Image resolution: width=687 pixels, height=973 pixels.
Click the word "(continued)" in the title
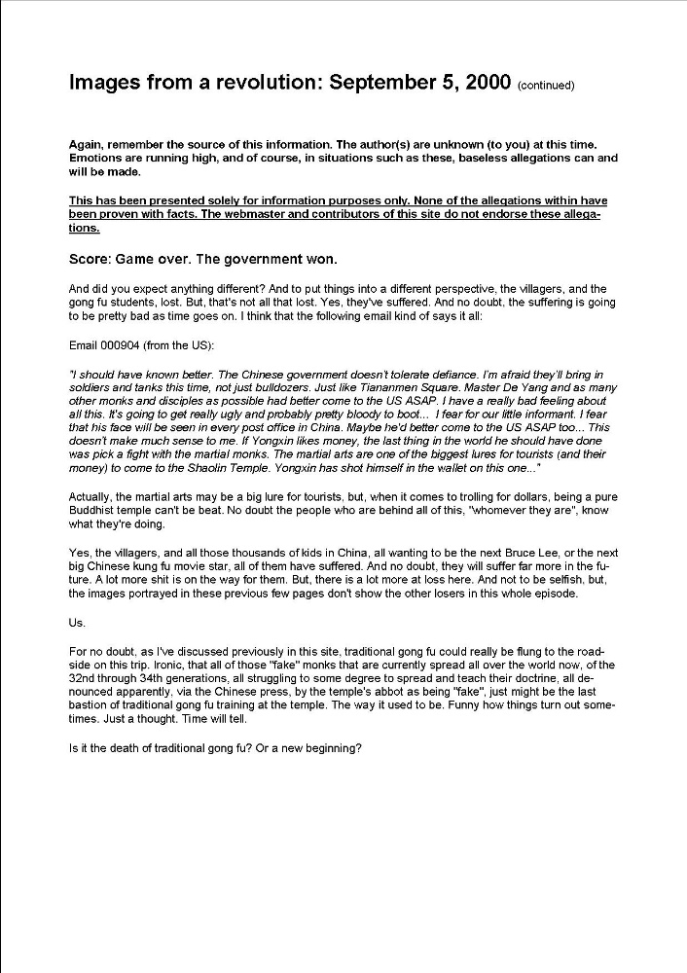[x=546, y=86]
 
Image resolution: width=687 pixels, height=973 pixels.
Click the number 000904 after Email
[x=125, y=345]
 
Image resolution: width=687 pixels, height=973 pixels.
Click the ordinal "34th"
[x=157, y=678]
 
